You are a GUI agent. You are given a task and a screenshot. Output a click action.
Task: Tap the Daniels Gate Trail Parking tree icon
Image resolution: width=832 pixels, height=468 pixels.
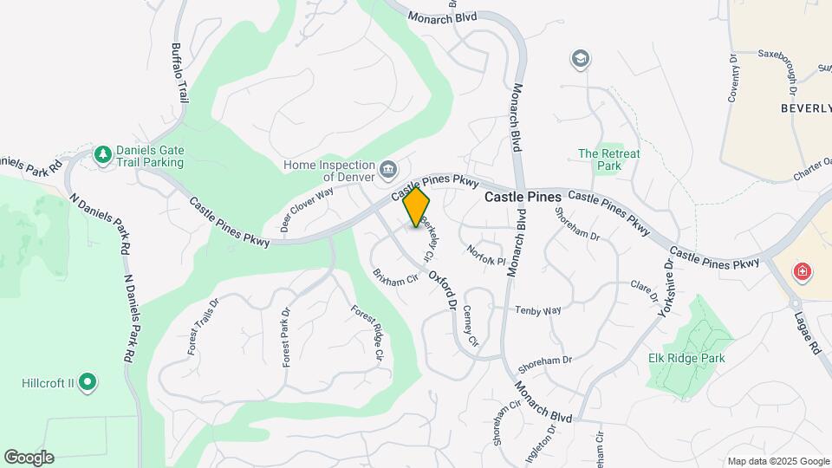click(x=103, y=153)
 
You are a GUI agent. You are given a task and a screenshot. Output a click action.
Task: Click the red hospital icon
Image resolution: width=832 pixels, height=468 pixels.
click(x=803, y=271)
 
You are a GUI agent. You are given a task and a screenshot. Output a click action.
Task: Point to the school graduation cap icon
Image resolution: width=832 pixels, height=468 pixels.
click(x=580, y=59)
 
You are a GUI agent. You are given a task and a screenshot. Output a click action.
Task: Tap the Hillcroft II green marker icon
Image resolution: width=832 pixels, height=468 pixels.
click(x=87, y=381)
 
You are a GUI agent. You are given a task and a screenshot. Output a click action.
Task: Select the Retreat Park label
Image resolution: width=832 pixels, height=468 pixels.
click(x=609, y=159)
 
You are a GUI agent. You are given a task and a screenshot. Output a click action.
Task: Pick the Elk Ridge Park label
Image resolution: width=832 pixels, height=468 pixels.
click(x=686, y=358)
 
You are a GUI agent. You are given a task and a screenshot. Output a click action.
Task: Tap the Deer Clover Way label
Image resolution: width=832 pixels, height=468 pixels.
click(x=307, y=211)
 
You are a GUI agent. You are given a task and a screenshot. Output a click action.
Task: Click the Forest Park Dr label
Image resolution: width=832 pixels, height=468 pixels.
click(x=285, y=335)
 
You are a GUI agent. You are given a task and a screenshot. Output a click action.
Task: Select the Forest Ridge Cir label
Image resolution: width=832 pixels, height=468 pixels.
click(x=367, y=332)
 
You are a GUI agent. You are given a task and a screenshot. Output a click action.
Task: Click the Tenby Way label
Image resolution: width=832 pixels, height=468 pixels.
click(x=538, y=309)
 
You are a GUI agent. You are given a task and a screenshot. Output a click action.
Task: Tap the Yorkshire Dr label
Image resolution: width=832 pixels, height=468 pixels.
click(x=665, y=289)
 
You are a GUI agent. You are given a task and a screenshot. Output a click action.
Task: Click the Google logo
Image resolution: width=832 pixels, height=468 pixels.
click(x=29, y=458)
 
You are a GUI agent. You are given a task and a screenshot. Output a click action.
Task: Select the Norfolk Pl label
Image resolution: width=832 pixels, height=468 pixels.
click(x=485, y=254)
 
